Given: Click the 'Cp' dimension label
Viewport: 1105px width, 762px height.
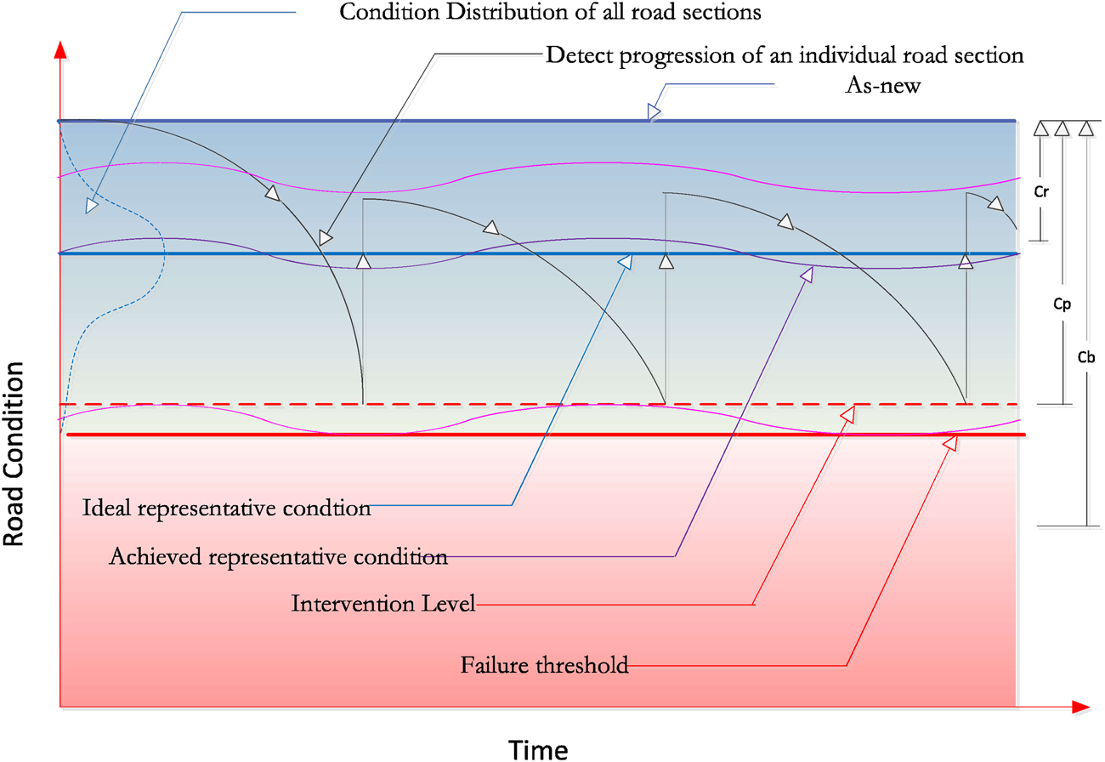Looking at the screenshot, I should [x=1062, y=301].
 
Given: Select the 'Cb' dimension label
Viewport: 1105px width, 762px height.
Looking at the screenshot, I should [x=1085, y=357].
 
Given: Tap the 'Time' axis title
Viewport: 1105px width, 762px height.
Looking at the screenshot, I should [x=538, y=748].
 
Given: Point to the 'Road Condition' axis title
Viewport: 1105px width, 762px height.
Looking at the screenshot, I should [x=14, y=453].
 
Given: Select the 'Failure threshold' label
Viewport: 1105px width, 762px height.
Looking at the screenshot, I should [x=545, y=665].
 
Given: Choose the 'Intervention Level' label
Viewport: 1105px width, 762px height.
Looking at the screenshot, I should [x=382, y=605].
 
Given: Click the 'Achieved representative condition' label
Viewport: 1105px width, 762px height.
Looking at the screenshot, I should [x=279, y=558].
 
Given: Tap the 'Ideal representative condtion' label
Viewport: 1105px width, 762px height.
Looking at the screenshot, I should [x=227, y=509].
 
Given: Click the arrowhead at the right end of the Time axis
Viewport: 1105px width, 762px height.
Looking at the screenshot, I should [x=1080, y=707].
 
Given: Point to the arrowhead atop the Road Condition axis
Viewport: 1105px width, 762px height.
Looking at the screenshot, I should [x=59, y=49].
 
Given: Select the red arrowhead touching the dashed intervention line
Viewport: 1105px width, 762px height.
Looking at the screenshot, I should [x=848, y=412].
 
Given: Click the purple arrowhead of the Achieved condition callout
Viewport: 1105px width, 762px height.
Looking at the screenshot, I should [x=807, y=273].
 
